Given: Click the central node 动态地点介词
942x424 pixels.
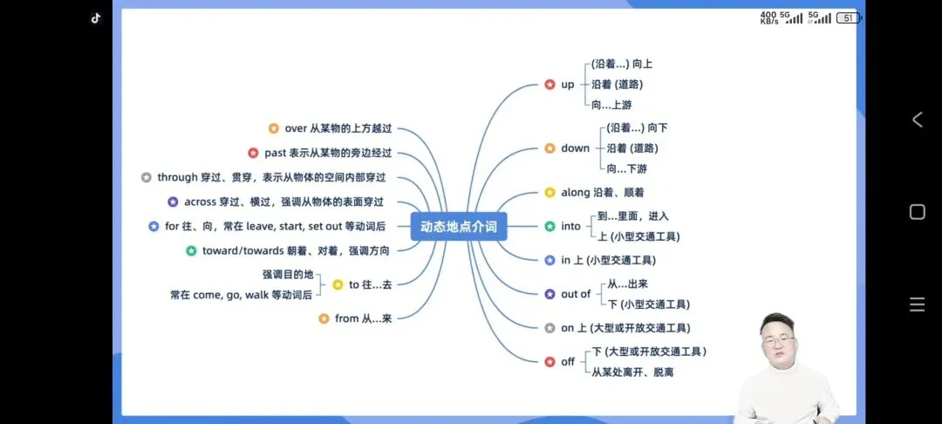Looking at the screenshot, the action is click(x=458, y=227).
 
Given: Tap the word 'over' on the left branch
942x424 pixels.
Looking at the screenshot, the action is click(x=296, y=129).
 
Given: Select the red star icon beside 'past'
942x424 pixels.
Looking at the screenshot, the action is click(x=253, y=154).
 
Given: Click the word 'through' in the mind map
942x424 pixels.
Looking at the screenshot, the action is click(x=177, y=178).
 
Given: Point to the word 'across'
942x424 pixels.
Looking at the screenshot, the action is click(x=200, y=202).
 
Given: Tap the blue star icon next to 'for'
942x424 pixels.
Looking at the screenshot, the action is click(x=154, y=227).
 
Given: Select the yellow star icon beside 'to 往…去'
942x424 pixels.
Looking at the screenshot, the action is click(x=338, y=284).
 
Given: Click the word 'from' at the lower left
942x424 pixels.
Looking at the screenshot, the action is click(x=347, y=318).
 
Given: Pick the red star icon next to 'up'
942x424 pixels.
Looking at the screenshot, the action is click(x=549, y=85).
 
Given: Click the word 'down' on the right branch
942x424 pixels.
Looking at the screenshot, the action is click(x=575, y=148).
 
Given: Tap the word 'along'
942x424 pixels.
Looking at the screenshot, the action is click(x=576, y=193).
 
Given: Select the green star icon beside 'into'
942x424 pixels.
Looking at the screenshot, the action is click(x=549, y=227).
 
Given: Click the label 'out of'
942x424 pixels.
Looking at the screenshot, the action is click(x=576, y=294).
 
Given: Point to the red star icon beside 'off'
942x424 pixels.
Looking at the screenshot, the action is click(x=549, y=361).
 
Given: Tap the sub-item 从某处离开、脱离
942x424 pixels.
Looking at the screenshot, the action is click(x=632, y=373).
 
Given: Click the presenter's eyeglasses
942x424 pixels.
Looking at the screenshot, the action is click(x=776, y=340).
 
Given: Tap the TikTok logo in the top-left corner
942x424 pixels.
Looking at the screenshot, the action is click(x=96, y=17).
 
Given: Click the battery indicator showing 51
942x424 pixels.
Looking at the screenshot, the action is click(x=847, y=17).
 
